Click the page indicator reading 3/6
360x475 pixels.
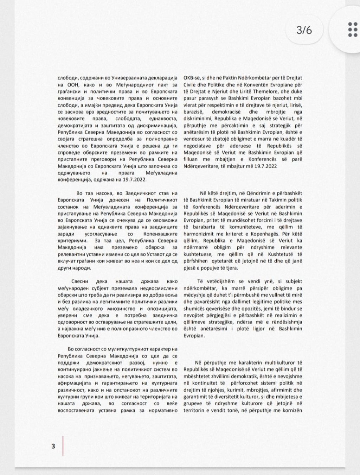pos(304,30)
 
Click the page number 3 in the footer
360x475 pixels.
pos(53,446)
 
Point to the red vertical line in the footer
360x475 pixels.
pos(63,446)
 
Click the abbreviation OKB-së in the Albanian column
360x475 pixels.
pos(192,77)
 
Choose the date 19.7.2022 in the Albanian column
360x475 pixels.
pos(264,166)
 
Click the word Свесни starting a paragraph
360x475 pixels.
pos(80,281)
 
